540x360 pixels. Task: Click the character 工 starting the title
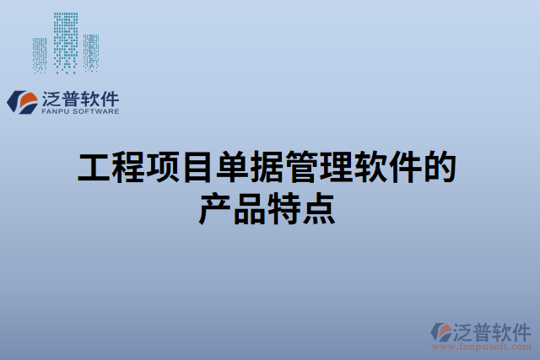coord(94,168)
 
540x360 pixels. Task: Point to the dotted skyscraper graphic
coord(65,42)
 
